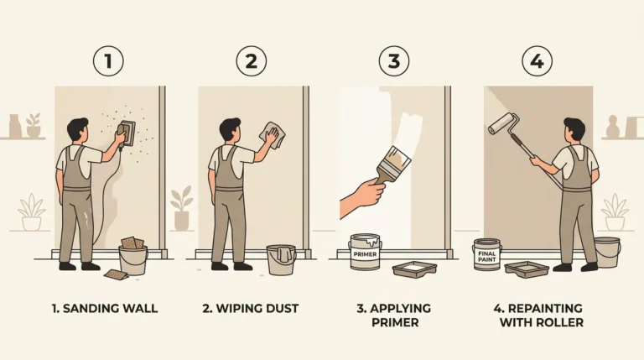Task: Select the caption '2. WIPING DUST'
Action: coord(249,309)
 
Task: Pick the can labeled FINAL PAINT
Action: coord(486,254)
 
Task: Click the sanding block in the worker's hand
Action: coord(127,133)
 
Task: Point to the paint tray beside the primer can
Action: coord(414,269)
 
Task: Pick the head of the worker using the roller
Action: coord(574,130)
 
